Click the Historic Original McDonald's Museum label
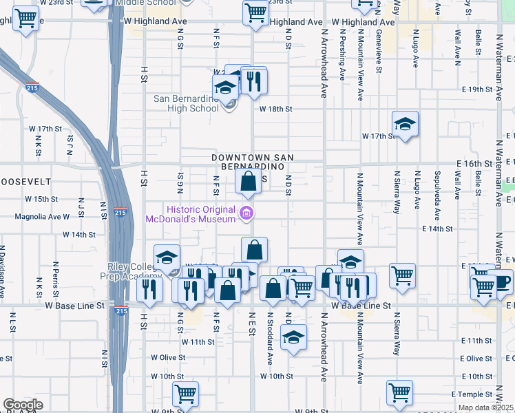click(x=191, y=214)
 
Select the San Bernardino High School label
click(x=186, y=103)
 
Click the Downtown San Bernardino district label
click(x=251, y=162)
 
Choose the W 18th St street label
click(x=276, y=109)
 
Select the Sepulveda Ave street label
click(x=437, y=190)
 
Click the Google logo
click(x=23, y=405)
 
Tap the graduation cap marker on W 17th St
click(x=406, y=125)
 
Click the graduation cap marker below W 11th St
click(x=294, y=338)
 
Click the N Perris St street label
click(x=55, y=272)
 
